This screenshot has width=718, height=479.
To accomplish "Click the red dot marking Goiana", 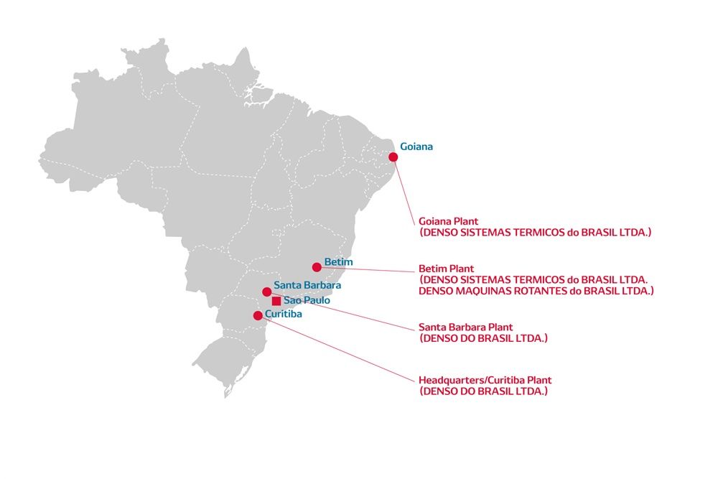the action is (x=393, y=157).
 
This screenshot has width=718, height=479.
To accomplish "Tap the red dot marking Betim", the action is (x=317, y=267).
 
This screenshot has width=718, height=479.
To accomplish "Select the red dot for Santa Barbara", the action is (x=267, y=292).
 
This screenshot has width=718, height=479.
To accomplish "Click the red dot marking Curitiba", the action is (x=258, y=315).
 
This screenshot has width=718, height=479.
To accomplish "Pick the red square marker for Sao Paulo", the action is (x=276, y=301).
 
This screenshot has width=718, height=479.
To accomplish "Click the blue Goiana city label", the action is (x=416, y=147).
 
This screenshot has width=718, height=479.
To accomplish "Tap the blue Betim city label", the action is (x=338, y=262).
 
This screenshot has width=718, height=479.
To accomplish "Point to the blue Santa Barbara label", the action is (x=307, y=285).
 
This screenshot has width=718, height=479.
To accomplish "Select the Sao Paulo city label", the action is (x=307, y=300).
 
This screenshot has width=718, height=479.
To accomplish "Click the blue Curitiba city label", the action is (x=284, y=314).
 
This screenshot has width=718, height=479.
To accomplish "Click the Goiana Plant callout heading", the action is (x=448, y=221).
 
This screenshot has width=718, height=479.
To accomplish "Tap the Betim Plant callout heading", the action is (x=446, y=269).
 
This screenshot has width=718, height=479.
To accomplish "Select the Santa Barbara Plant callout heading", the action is (x=466, y=327).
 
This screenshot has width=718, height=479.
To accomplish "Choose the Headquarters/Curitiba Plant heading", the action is (x=485, y=380).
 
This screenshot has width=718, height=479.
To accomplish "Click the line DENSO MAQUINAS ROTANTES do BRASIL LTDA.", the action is (x=536, y=291).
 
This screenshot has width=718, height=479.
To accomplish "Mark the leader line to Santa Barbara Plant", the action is (x=342, y=311).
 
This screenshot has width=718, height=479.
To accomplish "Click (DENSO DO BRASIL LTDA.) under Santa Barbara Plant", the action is (x=483, y=338).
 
